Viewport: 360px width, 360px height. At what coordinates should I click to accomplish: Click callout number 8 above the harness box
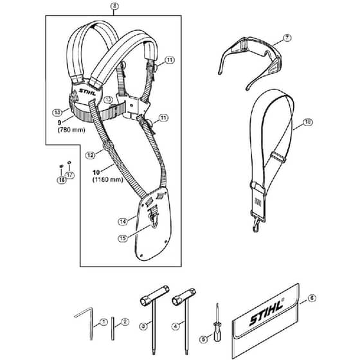pyautogui.click(x=114, y=6)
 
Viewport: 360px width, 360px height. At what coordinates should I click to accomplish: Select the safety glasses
pyautogui.click(x=250, y=62)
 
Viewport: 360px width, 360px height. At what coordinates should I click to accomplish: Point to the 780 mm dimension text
pyautogui.click(x=71, y=130)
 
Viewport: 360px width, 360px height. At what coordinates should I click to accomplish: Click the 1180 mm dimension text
pyautogui.click(x=108, y=179)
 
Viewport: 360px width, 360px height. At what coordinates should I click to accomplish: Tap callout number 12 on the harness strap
pyautogui.click(x=90, y=156)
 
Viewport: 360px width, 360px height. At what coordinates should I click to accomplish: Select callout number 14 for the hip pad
pyautogui.click(x=123, y=222)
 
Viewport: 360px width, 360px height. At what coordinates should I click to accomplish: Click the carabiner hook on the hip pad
pyautogui.click(x=154, y=219)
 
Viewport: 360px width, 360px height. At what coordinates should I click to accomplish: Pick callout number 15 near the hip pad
pyautogui.click(x=123, y=239)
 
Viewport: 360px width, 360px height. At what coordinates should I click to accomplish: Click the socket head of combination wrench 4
pyautogui.click(x=184, y=297)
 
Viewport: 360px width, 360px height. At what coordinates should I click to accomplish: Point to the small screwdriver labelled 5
pyautogui.click(x=217, y=323)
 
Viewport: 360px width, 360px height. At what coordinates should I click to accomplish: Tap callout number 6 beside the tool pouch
pyautogui.click(x=312, y=298)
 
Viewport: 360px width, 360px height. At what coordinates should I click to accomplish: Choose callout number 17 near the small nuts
pyautogui.click(x=69, y=175)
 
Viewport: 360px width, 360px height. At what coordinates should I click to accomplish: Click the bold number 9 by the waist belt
pyautogui.click(x=59, y=123)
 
